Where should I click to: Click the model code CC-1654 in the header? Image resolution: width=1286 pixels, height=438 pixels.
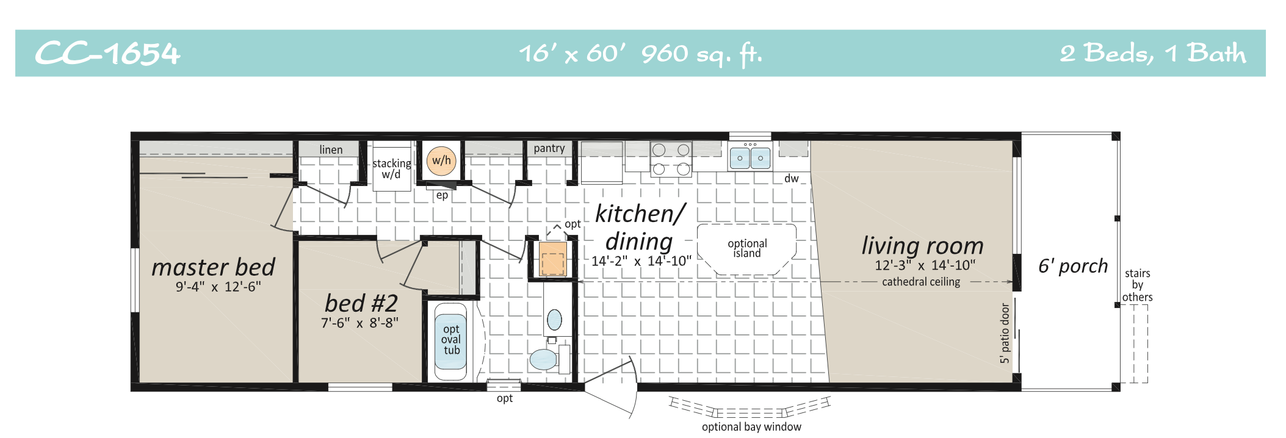click(107, 54)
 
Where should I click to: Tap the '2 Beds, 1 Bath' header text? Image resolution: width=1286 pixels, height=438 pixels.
click(1152, 54)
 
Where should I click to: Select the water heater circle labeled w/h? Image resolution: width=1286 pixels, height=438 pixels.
click(441, 160)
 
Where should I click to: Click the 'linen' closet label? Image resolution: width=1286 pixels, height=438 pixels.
click(331, 149)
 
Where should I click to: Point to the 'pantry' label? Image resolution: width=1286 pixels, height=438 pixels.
click(549, 148)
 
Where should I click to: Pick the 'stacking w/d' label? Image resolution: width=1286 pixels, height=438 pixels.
click(391, 169)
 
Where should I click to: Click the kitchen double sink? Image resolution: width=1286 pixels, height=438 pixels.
click(750, 158)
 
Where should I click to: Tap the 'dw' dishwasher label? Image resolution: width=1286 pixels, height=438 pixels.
click(792, 178)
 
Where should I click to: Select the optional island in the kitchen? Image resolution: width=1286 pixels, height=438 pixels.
click(747, 248)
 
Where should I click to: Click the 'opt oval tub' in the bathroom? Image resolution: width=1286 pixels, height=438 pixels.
click(451, 340)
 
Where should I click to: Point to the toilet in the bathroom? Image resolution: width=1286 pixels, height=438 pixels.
click(544, 359)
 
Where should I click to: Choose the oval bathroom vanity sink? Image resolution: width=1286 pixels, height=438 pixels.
click(554, 319)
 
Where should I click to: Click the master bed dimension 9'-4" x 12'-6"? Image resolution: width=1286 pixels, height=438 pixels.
click(219, 287)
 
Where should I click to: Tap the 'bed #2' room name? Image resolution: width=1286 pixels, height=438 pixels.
click(361, 303)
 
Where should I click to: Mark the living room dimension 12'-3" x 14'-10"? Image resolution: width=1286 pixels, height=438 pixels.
click(925, 265)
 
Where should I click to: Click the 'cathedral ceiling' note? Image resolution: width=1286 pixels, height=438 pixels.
click(921, 282)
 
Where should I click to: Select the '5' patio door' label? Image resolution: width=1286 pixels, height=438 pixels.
click(1005, 334)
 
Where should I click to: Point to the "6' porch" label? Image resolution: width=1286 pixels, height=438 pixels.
click(1073, 266)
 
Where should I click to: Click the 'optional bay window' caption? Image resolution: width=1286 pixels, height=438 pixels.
click(751, 427)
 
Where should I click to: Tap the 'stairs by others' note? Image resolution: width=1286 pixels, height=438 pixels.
click(1137, 285)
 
